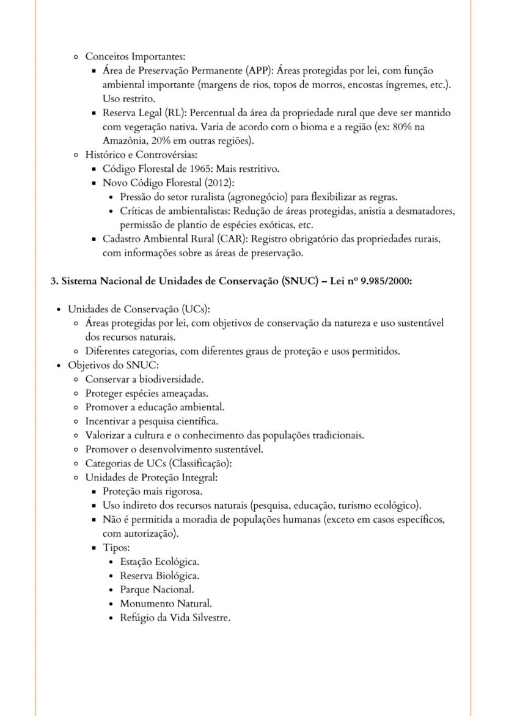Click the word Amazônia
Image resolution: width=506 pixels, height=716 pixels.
coord(124,140)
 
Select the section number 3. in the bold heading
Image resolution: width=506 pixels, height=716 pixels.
coord(54,281)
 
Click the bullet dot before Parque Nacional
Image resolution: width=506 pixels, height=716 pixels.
coord(110,589)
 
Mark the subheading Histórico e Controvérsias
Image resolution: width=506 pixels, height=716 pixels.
coord(141,154)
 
